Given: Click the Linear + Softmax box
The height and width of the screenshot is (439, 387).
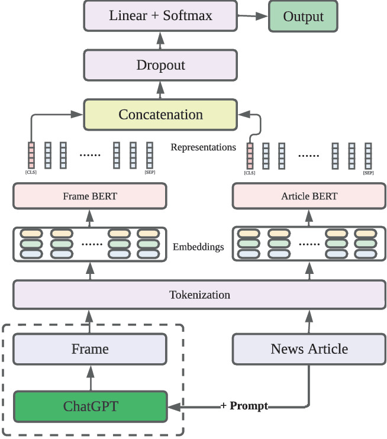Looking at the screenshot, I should (160, 16).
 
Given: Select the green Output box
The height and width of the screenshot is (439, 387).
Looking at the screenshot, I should (304, 17).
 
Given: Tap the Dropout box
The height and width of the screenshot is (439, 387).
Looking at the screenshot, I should (160, 64).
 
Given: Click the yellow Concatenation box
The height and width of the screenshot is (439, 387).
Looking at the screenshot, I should (160, 114).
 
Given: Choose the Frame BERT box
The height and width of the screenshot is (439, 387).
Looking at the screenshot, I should (90, 196).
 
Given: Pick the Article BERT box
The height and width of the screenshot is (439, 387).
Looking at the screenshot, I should (309, 196).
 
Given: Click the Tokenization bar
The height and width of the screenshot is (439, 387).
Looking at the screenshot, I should (199, 295).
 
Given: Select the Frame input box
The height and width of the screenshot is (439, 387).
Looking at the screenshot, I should (90, 349).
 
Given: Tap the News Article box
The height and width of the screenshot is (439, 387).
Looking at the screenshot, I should (309, 349).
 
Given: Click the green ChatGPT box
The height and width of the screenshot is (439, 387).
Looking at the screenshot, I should (90, 406).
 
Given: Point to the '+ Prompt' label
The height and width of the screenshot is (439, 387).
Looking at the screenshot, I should (244, 406).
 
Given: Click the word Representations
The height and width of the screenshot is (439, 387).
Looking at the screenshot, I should (203, 147).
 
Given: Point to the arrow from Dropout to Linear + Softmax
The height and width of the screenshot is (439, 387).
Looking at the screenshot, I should (160, 40).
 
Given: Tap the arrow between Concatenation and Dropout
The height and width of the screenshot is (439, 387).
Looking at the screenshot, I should (160, 89).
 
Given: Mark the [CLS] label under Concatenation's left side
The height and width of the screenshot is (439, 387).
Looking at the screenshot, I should (31, 172).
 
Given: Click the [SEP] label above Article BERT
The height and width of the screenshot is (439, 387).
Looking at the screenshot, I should (368, 173).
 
